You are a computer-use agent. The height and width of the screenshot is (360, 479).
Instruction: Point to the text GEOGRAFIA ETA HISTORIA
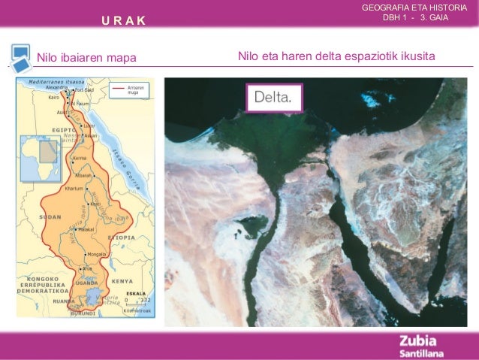[419, 8]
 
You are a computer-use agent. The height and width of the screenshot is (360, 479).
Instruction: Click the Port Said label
[83, 89]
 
